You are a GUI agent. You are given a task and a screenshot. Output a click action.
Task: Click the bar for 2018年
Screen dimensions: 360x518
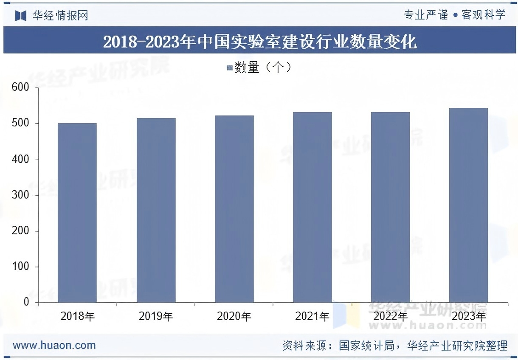77,212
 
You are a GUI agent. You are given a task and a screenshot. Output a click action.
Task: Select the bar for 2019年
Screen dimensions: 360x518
156,210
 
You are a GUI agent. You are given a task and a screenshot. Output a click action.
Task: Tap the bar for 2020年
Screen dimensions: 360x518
234,209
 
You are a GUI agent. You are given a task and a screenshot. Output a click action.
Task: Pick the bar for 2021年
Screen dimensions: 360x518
312,207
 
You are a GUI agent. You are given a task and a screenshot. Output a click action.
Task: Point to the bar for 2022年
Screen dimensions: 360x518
391,207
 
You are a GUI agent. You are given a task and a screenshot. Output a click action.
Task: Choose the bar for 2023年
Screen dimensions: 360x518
469,205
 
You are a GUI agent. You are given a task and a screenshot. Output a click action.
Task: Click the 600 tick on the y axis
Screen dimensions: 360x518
20,87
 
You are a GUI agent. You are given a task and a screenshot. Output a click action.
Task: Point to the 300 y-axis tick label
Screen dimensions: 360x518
20,195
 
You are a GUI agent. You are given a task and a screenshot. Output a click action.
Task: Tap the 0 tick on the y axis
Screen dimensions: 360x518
26,302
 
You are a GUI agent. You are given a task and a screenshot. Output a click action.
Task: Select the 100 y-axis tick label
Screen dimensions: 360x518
20,267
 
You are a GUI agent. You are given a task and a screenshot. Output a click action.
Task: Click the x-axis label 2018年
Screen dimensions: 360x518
78,317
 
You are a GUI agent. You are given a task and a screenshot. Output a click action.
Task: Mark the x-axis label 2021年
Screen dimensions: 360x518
312,317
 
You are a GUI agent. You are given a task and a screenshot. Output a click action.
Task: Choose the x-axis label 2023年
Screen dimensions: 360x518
469,317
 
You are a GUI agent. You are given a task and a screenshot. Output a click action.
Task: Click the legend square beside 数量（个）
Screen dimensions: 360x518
230,68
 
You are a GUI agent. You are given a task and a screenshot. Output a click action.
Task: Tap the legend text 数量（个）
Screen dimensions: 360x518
263,67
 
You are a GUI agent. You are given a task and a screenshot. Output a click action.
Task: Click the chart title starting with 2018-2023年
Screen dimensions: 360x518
259,42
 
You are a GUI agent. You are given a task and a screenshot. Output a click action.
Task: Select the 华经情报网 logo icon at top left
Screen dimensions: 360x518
21,16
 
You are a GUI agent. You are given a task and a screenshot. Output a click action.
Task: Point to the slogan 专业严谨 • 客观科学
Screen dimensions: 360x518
455,15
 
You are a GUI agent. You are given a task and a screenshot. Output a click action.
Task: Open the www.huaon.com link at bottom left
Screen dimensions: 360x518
54,345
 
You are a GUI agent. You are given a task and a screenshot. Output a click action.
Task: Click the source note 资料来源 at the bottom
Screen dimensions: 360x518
394,346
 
